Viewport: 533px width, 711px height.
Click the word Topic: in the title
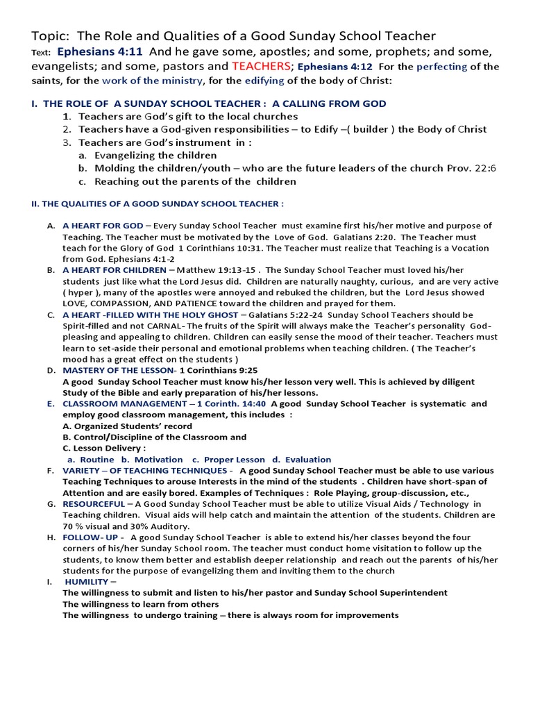click(51, 35)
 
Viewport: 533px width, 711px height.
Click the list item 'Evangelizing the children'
click(155, 156)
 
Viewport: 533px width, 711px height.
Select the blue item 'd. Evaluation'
click(302, 460)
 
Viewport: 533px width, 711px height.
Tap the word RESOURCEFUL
click(94, 503)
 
